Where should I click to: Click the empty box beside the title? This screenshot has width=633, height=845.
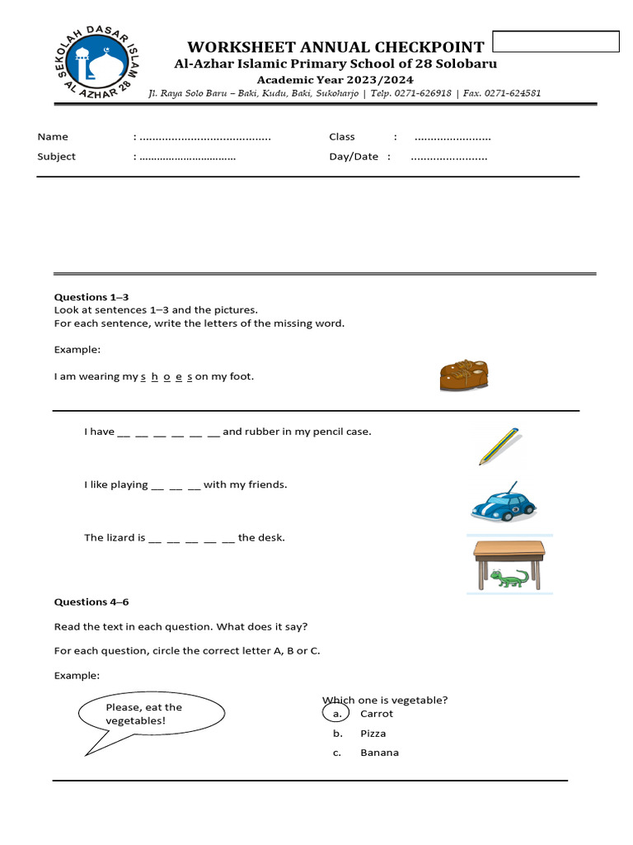(555, 41)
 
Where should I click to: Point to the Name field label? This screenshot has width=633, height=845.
(53, 137)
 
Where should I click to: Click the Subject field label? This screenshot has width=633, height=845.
(56, 157)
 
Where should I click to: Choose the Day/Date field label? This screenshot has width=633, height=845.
(354, 157)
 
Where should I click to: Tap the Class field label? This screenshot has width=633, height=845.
(342, 137)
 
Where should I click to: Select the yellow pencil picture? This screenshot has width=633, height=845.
(499, 446)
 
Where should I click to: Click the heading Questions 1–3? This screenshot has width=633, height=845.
(91, 297)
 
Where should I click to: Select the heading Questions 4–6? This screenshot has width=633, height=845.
(91, 602)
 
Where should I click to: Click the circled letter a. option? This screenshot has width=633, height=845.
(336, 714)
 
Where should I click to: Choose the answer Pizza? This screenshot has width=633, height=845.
(373, 734)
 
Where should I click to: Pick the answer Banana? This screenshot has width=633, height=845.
(379, 753)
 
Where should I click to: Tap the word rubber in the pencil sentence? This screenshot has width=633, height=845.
(261, 432)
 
